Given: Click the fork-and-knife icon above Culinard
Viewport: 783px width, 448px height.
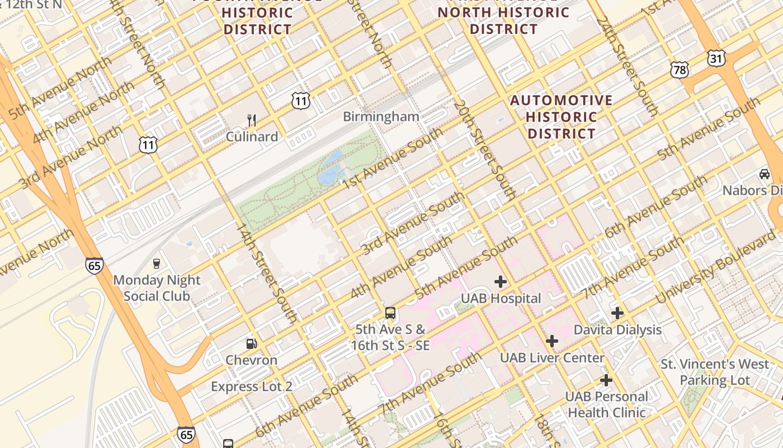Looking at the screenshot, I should pyautogui.click(x=252, y=120).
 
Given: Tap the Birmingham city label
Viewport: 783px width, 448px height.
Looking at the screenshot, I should pyautogui.click(x=381, y=116).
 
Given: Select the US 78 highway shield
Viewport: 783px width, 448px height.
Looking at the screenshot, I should pyautogui.click(x=680, y=70).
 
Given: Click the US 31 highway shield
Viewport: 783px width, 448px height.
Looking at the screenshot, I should pyautogui.click(x=716, y=58).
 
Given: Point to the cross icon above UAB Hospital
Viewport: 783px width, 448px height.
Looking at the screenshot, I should pyautogui.click(x=501, y=282).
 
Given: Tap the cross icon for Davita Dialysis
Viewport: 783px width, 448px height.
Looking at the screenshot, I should pyautogui.click(x=617, y=313).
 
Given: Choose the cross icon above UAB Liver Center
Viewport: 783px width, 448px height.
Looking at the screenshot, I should pyautogui.click(x=552, y=341).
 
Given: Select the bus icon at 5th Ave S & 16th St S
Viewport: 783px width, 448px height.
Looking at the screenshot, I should pyautogui.click(x=390, y=313).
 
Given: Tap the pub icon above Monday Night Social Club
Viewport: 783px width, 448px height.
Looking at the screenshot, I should pyautogui.click(x=157, y=263).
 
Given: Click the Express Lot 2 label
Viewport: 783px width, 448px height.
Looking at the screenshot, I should pyautogui.click(x=251, y=386).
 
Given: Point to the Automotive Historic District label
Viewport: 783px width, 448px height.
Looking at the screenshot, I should pyautogui.click(x=562, y=117).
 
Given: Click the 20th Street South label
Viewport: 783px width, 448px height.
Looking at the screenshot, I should pyautogui.click(x=484, y=151).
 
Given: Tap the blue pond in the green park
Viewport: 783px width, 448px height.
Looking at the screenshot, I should pyautogui.click(x=331, y=166).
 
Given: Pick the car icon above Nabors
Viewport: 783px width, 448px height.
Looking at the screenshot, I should pyautogui.click(x=765, y=174).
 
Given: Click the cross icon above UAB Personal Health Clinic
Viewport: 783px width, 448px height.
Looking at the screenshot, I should pyautogui.click(x=606, y=380).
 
